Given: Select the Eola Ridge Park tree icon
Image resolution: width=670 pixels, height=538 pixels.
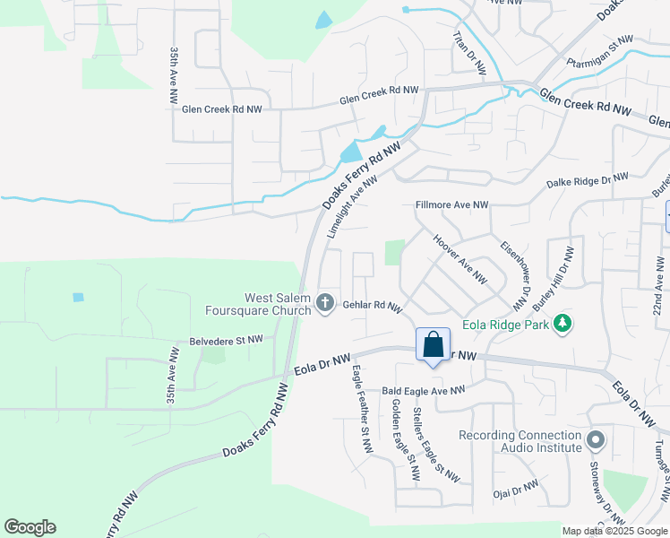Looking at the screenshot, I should (x=563, y=323).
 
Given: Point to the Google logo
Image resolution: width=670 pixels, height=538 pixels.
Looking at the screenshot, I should (x=30, y=527).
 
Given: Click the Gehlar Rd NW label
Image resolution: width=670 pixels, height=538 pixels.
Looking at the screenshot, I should (x=372, y=306).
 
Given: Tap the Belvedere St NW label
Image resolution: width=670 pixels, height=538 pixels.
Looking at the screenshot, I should (x=226, y=340).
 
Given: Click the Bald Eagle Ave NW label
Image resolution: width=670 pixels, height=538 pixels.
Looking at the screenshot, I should (x=424, y=390).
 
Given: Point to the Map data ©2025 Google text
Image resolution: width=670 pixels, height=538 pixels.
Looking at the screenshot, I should (x=615, y=531).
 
